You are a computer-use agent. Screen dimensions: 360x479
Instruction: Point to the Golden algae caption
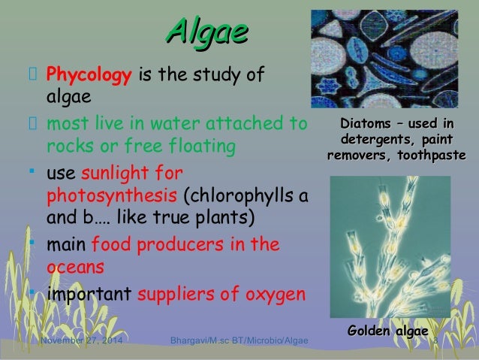[x=387, y=332]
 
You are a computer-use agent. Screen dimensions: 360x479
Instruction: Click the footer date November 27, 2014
[x=83, y=344]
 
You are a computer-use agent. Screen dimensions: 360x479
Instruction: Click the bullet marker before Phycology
[x=32, y=75]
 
